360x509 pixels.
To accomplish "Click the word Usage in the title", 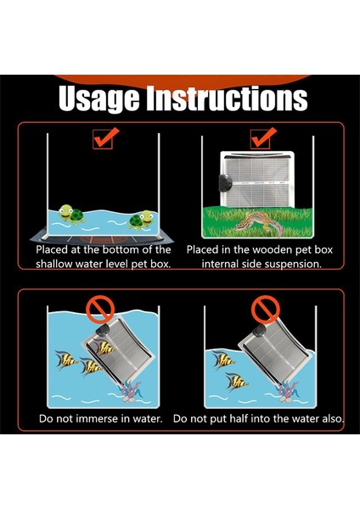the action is click(99, 98).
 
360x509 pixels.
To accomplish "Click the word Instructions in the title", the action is click(227, 98).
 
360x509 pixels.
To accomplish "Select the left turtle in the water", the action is click(71, 214).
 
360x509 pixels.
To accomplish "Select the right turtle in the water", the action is click(141, 220).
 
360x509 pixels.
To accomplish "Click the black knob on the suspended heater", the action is click(225, 183).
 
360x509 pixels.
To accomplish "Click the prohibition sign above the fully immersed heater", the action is click(100, 309).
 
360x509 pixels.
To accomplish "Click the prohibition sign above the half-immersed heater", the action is click(265, 310).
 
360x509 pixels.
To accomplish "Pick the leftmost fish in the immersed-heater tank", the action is click(66, 360).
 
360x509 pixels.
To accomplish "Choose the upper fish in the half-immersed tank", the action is click(224, 360).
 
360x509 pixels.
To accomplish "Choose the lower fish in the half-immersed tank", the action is click(237, 382).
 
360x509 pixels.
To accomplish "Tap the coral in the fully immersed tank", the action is click(132, 392).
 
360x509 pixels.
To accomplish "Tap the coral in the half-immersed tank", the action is click(287, 392).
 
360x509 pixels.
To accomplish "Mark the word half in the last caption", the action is click(237, 418).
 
